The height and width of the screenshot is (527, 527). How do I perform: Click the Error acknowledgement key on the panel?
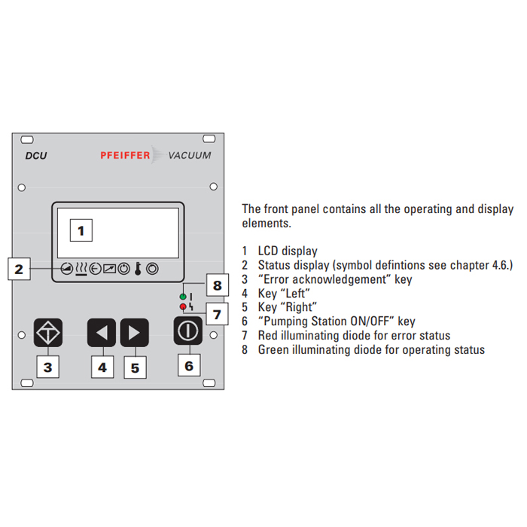[x=48, y=333]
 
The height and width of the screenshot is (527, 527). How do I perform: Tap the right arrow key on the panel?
[x=135, y=333]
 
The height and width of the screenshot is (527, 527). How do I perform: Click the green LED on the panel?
[x=183, y=297]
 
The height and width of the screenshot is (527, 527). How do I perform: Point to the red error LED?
[x=183, y=306]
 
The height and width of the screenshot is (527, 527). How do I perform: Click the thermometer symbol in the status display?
[x=138, y=269]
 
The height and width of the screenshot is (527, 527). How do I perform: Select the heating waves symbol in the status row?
[x=81, y=269]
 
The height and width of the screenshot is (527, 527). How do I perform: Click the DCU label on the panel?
[x=36, y=156]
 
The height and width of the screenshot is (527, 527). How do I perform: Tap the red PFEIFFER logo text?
[x=125, y=155]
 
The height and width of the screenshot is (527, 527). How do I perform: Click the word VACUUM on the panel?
[x=190, y=155]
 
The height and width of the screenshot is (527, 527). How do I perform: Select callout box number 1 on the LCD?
[x=81, y=230]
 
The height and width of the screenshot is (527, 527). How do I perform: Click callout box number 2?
[x=19, y=269]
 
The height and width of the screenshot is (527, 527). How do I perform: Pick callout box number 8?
[x=217, y=285]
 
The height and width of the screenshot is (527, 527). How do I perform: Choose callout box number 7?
[x=217, y=314]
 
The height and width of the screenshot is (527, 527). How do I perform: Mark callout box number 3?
[x=47, y=367]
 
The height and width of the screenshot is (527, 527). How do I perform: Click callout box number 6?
[x=189, y=365]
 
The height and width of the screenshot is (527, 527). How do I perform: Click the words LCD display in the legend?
[x=288, y=251]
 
